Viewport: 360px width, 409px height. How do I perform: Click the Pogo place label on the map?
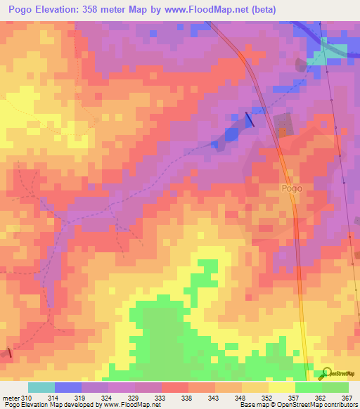point(292,188)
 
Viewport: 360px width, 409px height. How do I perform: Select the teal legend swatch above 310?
point(41,387)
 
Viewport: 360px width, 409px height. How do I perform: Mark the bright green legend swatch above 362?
point(308,387)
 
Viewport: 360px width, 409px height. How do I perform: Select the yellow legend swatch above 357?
point(281,387)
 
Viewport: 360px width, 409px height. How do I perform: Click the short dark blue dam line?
point(249,120)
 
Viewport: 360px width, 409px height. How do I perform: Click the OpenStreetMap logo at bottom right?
point(340,373)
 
